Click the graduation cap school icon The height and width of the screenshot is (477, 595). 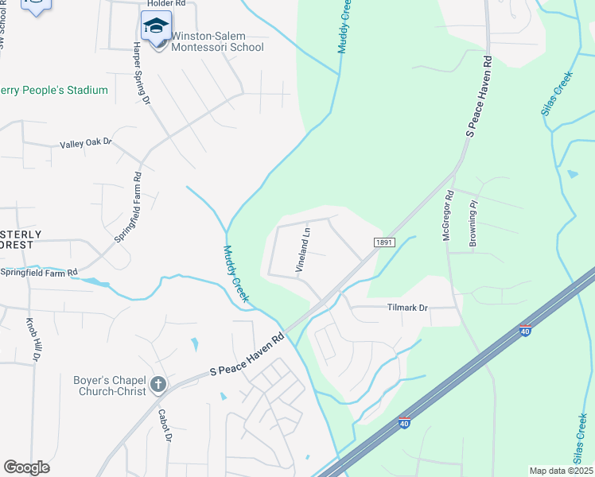point(156,26)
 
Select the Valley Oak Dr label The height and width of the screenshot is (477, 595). point(86,144)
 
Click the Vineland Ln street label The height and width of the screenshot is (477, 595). point(303,249)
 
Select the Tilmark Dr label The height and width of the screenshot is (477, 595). point(407,308)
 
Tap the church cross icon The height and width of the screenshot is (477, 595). point(157,385)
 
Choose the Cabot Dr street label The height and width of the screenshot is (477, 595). point(165,425)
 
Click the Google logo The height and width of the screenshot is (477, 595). point(26,467)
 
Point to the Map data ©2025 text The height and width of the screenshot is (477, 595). point(560,471)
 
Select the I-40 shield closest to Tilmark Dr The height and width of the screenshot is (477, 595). point(524,328)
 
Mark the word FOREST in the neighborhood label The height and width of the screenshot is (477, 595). point(16,245)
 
